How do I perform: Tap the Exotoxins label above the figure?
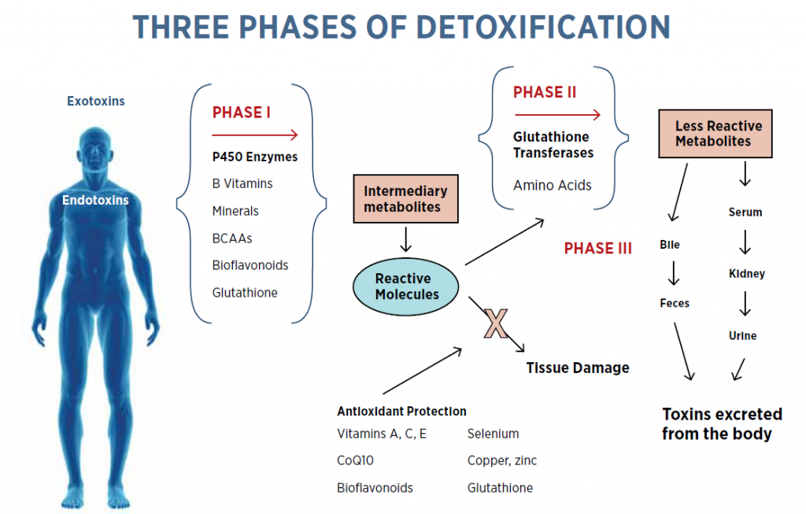tap(95, 101)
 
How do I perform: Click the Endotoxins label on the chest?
tap(95, 200)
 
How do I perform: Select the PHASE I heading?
tap(242, 113)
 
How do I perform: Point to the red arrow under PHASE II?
tap(556, 115)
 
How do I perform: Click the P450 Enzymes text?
tap(255, 157)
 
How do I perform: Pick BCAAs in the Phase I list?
tap(232, 238)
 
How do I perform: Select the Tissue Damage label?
tap(578, 367)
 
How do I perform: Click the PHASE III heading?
tap(597, 249)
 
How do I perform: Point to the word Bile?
tap(670, 245)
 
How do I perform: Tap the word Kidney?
tap(747, 274)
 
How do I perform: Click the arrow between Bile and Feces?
tap(674, 273)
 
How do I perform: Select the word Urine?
tap(742, 335)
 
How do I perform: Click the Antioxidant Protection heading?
tap(401, 411)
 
